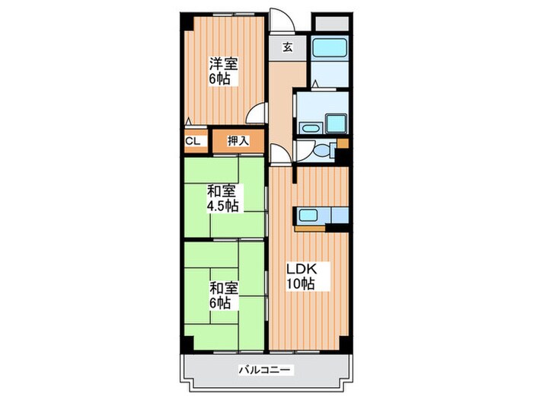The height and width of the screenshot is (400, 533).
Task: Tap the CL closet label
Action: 193,141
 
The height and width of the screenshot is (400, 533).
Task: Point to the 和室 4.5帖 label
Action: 222,199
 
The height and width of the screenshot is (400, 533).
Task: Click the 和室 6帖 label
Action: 222,295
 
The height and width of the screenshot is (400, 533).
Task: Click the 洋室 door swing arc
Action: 260,114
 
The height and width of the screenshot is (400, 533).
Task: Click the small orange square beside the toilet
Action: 343,142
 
